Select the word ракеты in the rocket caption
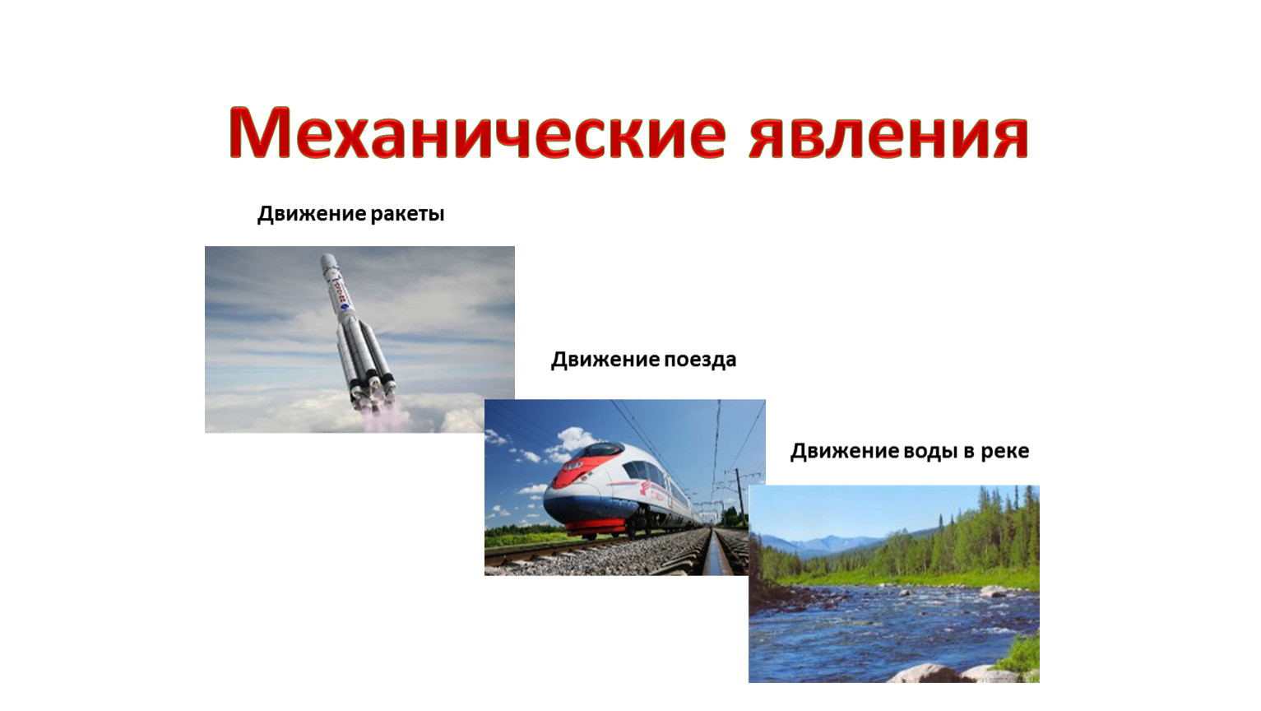[407, 214]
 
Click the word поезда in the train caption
[700, 360]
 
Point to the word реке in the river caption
[1005, 451]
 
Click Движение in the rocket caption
[311, 214]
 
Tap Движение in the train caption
[605, 360]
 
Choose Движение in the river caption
[845, 451]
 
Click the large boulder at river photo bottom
[929, 673]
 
